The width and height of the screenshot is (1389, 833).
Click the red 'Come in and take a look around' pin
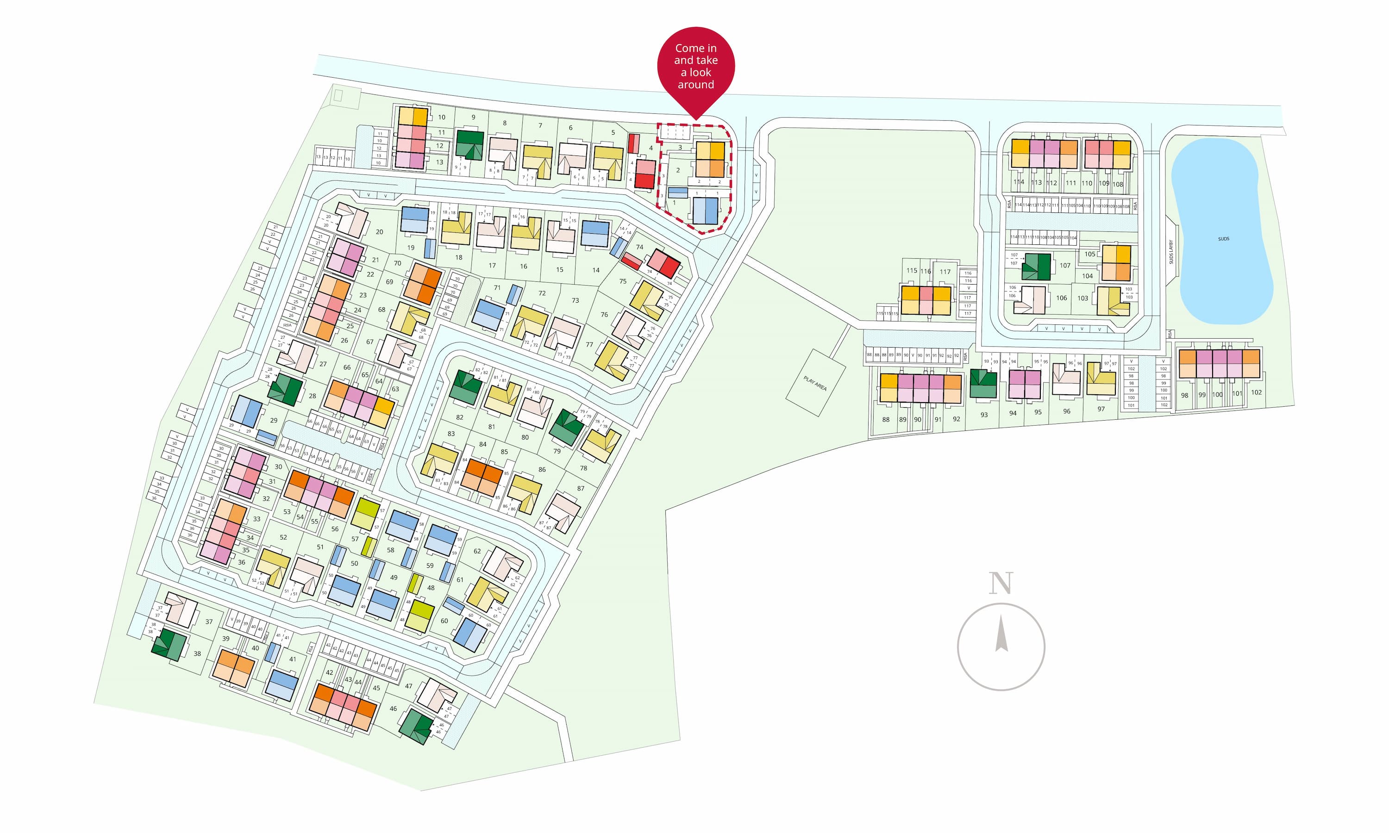(695, 66)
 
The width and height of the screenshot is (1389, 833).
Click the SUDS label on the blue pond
(1223, 238)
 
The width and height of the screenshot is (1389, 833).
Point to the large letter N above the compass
(1001, 583)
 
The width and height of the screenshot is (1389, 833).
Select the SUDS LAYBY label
(1171, 252)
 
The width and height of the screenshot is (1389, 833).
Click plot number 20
(380, 232)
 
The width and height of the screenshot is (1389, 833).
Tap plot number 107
(1065, 266)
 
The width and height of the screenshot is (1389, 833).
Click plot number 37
(209, 622)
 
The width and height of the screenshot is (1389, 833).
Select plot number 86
(542, 469)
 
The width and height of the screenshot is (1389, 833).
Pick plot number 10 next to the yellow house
(442, 118)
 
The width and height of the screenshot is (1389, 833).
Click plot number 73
(575, 300)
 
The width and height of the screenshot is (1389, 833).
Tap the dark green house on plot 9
(469, 144)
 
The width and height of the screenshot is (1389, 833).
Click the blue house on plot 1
(705, 211)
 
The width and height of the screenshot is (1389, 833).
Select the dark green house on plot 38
(169, 645)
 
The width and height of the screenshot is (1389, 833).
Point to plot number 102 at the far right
(1257, 392)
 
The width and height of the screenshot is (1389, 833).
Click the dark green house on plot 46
(416, 727)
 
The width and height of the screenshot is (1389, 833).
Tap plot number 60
(444, 621)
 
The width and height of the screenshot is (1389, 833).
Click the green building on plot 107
(1036, 267)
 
